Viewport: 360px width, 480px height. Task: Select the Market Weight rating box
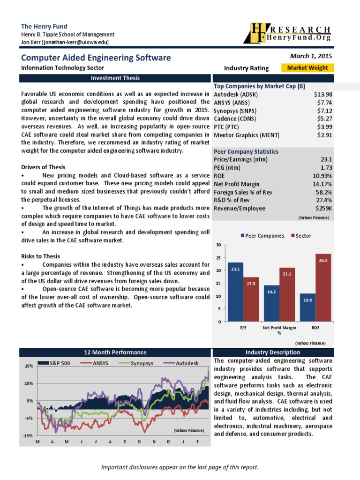coord(307,68)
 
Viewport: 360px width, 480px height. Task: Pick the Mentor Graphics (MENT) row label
coord(246,135)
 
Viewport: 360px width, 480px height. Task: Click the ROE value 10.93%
coord(322,176)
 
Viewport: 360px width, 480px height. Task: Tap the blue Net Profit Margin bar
coord(271,303)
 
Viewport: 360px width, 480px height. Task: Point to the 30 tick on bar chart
coord(218,245)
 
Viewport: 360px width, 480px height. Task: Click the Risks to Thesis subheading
coord(40,256)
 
